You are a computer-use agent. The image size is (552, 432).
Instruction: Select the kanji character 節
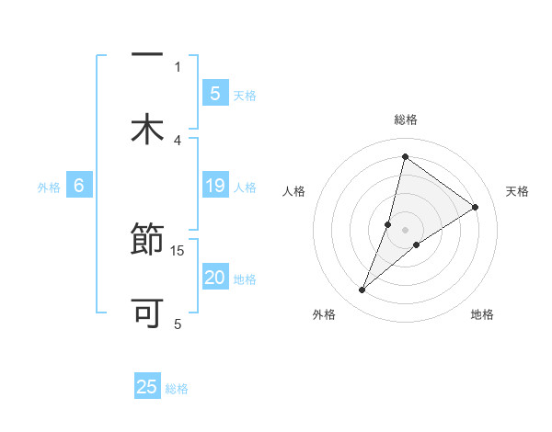(x=147, y=242)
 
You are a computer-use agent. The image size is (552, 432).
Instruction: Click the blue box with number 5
(x=215, y=93)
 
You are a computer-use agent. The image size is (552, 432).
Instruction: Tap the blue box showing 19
(x=215, y=187)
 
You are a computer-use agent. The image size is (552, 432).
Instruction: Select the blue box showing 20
(x=215, y=279)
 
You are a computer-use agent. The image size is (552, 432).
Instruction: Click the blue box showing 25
(x=147, y=387)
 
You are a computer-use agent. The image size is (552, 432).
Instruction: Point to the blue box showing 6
(x=79, y=187)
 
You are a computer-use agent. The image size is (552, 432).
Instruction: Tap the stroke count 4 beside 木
(x=178, y=140)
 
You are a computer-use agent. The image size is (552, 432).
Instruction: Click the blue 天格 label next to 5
(x=244, y=95)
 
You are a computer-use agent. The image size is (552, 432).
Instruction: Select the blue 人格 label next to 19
(x=244, y=188)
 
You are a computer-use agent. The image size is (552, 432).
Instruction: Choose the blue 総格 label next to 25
(x=177, y=388)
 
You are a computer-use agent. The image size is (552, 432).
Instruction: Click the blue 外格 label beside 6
(x=49, y=188)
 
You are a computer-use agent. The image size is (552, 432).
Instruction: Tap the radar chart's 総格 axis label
(x=405, y=119)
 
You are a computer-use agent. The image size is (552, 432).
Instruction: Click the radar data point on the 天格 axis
(x=476, y=207)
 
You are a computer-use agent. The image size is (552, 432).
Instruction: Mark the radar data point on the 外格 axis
(x=362, y=290)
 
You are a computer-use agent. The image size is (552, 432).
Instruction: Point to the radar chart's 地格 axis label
(x=482, y=315)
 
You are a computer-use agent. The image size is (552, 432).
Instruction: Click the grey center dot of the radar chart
(x=405, y=230)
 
